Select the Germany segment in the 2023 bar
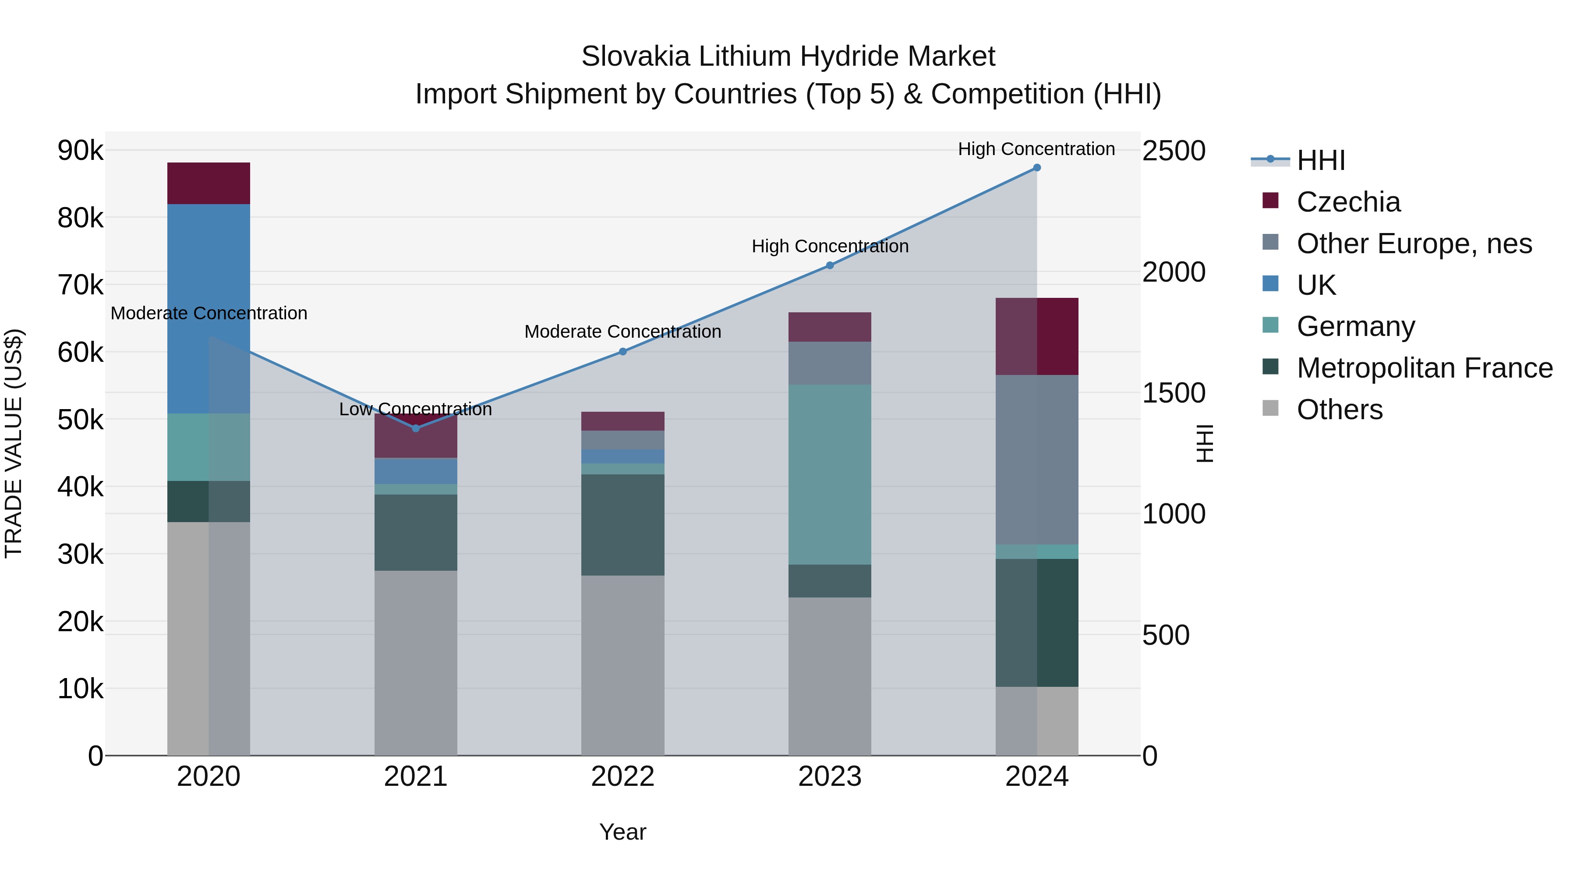click(x=830, y=474)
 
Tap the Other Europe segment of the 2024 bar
click(x=1036, y=459)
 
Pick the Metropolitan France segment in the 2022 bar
click(x=622, y=525)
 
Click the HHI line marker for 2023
click(x=830, y=265)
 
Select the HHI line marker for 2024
click(x=1036, y=168)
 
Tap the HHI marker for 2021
click(x=416, y=428)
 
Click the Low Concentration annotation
click(x=416, y=409)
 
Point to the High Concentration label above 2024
click(x=1036, y=149)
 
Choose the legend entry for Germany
click(x=1355, y=326)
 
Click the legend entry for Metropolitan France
click(x=1424, y=368)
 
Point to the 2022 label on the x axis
click(x=622, y=777)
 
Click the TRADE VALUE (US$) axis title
click(x=14, y=443)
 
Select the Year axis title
click(x=622, y=832)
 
